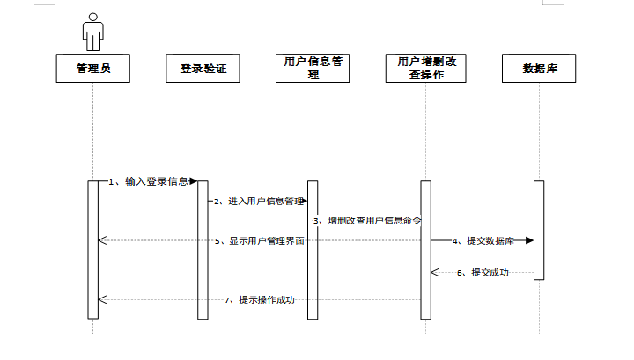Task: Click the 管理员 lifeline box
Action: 92,69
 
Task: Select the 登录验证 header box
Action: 203,69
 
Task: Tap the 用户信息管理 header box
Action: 313,69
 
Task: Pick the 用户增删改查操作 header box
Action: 425,69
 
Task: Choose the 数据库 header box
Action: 538,69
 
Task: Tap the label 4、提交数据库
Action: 483,240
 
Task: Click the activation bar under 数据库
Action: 539,230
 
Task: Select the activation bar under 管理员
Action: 92,249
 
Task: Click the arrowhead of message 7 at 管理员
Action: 102,300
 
